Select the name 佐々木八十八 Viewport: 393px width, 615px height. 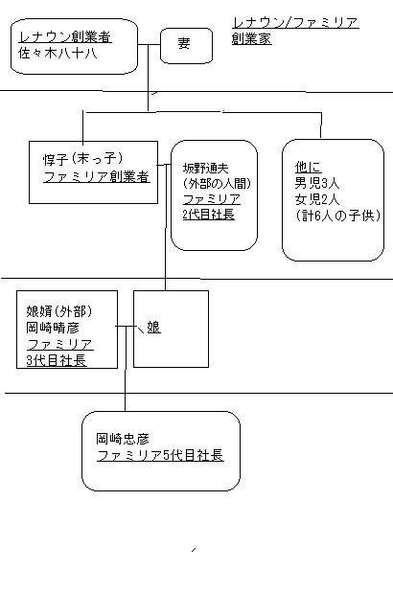[x=59, y=55]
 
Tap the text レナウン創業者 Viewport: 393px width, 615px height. [x=64, y=38]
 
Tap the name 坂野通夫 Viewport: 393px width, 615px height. [x=207, y=168]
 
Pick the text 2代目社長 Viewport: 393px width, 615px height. [x=208, y=214]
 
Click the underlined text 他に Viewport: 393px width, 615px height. [x=308, y=165]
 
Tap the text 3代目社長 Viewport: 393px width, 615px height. [x=57, y=360]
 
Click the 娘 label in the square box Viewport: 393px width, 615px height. [x=153, y=328]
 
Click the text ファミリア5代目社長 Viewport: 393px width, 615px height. [x=159, y=454]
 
